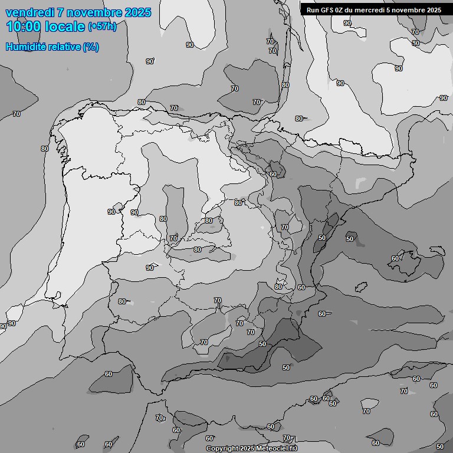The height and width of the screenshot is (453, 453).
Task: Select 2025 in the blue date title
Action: tap(137, 12)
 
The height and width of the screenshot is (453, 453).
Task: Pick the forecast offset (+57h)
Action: tap(102, 27)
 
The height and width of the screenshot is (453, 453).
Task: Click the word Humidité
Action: tap(24, 47)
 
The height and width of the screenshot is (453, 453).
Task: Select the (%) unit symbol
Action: tap(91, 47)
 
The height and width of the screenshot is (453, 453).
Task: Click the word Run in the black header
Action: tap(313, 10)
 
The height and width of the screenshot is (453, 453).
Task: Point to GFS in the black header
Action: tap(327, 10)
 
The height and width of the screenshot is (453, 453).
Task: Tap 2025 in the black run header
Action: tap(432, 10)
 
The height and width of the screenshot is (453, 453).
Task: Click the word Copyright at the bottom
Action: tap(222, 449)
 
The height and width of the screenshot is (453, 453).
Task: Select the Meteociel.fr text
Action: tap(277, 449)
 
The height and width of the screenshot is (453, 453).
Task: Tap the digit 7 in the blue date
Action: tap(60, 12)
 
